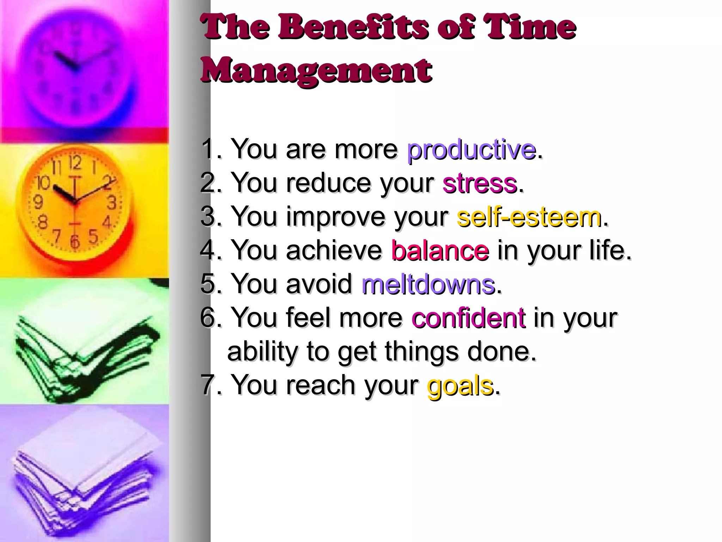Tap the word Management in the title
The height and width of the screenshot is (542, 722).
click(316, 70)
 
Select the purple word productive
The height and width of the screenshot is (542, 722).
click(471, 150)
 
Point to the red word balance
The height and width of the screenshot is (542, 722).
click(440, 250)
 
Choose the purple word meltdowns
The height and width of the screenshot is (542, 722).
click(428, 284)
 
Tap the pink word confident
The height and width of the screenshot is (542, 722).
click(469, 318)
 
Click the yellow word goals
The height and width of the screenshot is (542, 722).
click(460, 385)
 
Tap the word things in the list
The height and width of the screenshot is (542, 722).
click(422, 351)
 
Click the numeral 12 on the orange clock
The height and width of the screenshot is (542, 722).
click(75, 163)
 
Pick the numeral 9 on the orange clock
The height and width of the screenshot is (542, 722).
click(38, 203)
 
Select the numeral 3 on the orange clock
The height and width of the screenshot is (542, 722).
click(112, 203)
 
